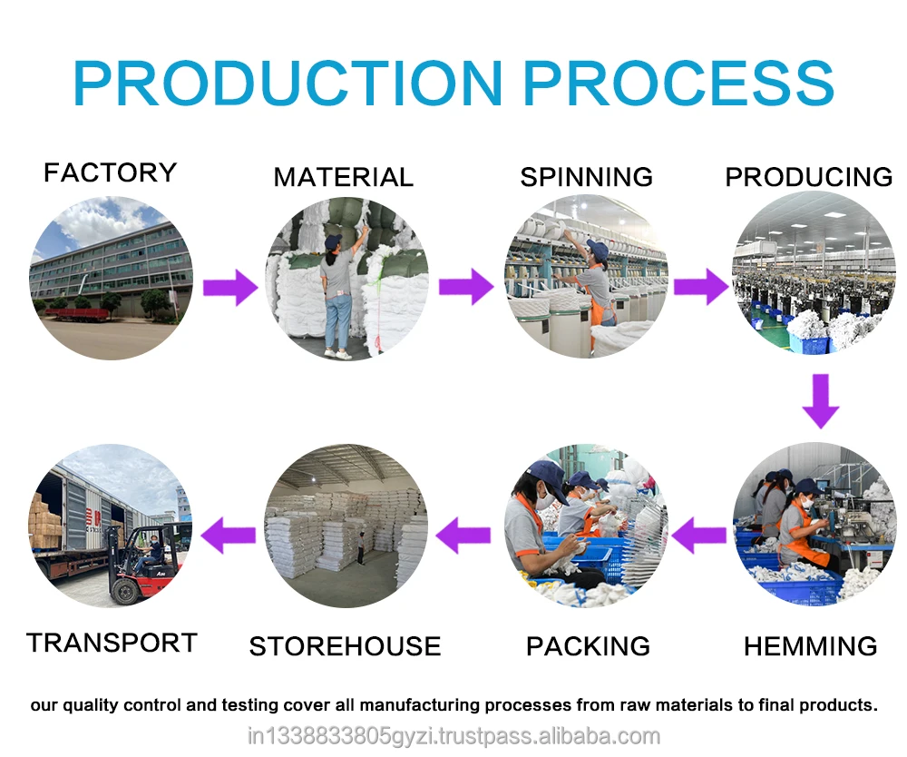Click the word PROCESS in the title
[x=678, y=84]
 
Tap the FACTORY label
[x=110, y=172]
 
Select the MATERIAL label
[x=343, y=177]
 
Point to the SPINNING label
[x=586, y=176]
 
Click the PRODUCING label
[x=809, y=177]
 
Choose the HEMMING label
[x=810, y=646]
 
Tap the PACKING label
[x=588, y=646]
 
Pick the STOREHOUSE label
[x=345, y=646]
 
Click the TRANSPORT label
[x=112, y=643]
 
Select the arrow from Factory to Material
[x=230, y=288]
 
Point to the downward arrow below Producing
[x=821, y=401]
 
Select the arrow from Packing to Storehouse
[x=463, y=534]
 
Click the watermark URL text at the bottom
[x=453, y=736]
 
